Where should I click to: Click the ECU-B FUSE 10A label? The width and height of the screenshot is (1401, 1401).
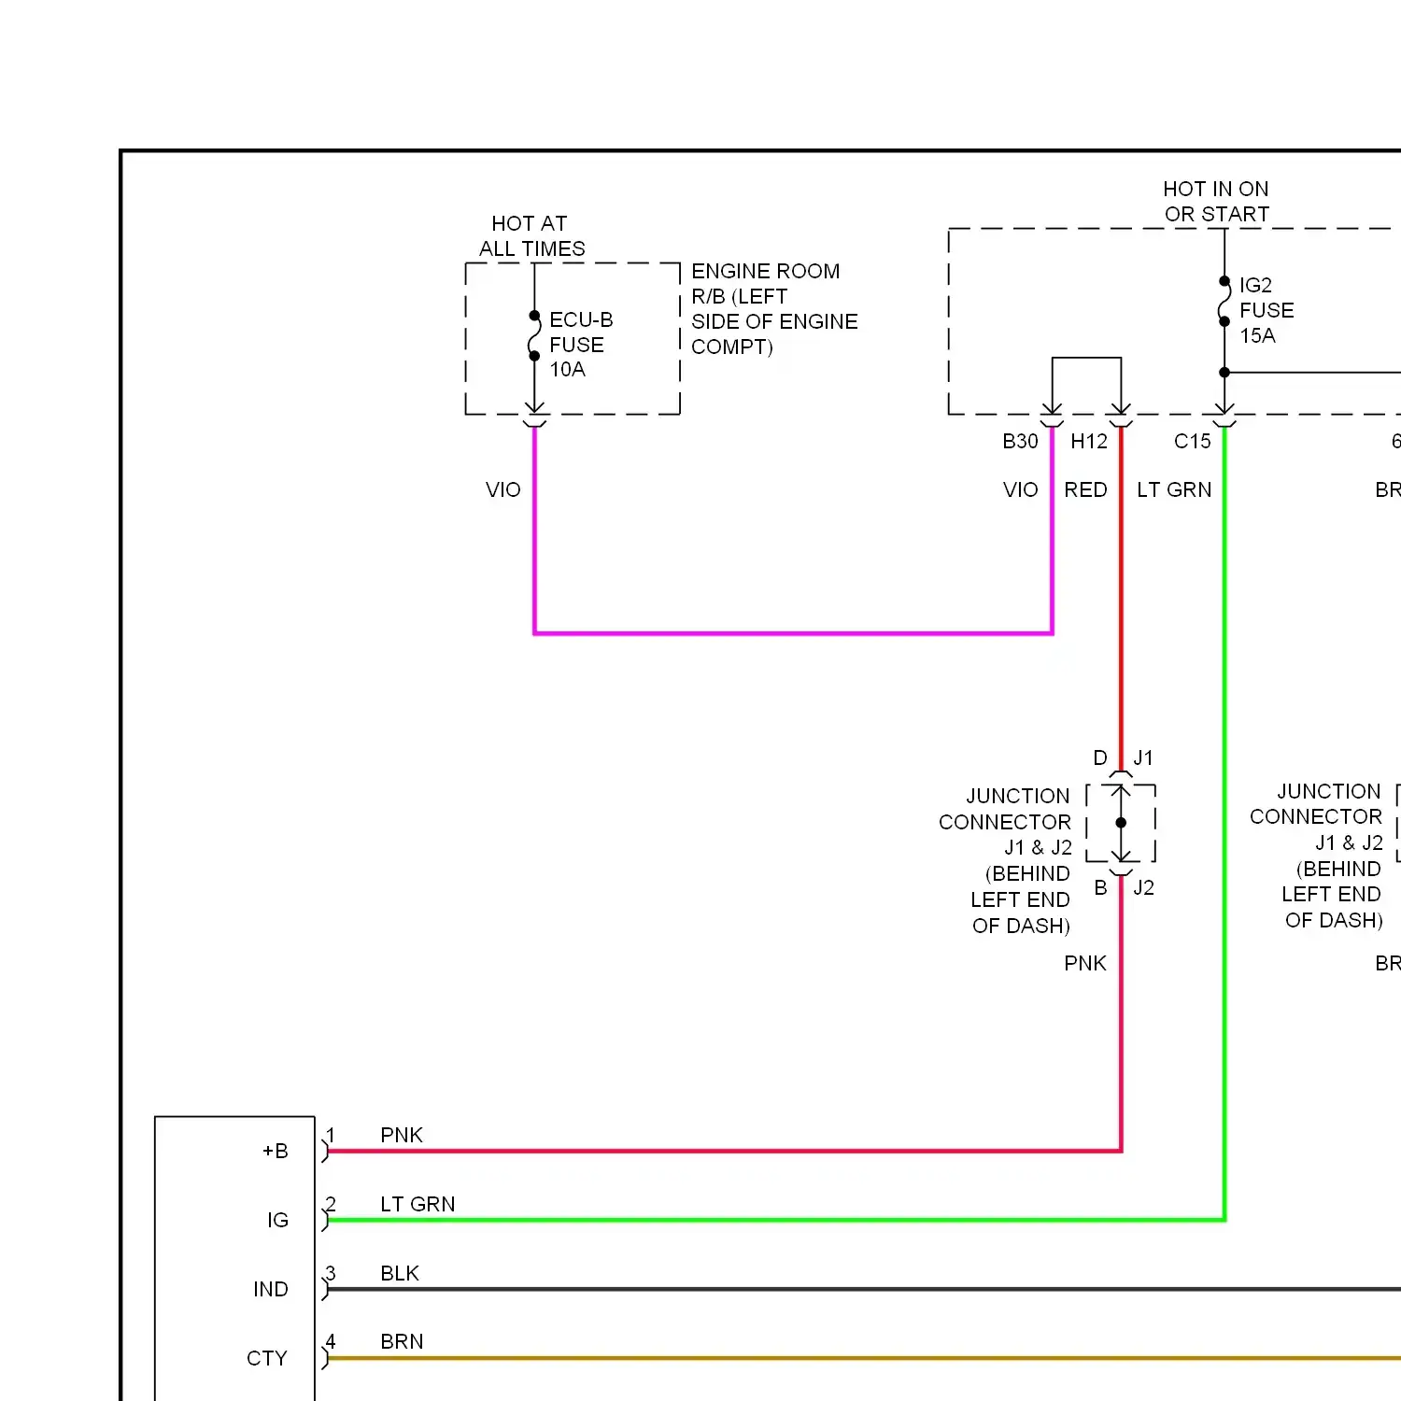(581, 345)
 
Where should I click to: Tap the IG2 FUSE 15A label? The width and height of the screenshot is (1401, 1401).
(1267, 310)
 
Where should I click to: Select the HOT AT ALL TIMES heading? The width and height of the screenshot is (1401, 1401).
(531, 236)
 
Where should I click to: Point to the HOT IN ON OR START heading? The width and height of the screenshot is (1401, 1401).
(1216, 202)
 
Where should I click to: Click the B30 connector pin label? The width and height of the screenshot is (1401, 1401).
(1020, 442)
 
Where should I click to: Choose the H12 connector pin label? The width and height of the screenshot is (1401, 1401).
(1089, 442)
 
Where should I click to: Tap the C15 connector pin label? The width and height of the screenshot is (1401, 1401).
(1193, 442)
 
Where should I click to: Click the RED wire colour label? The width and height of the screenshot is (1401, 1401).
(1085, 490)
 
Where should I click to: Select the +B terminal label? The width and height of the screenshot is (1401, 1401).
(276, 1152)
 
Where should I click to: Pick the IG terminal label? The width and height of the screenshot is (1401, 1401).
(277, 1221)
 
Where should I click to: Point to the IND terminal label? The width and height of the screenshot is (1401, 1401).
(271, 1290)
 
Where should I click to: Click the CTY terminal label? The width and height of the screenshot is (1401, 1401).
(267, 1359)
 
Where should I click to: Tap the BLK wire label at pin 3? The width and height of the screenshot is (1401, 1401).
(400, 1274)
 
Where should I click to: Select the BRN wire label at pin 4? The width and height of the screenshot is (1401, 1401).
(402, 1342)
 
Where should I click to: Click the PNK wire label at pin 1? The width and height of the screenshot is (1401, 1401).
(402, 1136)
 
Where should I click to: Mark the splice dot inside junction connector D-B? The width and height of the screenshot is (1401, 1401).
(1121, 823)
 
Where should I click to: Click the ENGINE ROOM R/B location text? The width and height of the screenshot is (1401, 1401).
(774, 309)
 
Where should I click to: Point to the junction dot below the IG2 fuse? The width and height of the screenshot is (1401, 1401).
(1224, 373)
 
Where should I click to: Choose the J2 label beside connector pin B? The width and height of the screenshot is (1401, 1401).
(1144, 888)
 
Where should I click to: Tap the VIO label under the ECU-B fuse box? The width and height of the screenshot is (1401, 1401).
(502, 490)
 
